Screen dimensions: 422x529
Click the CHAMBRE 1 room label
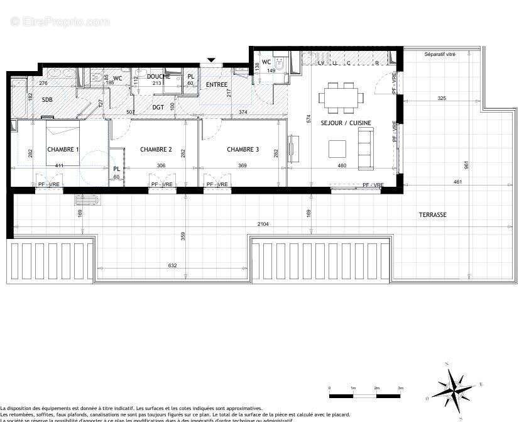[63, 150]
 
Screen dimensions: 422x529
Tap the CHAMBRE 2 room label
[156, 150]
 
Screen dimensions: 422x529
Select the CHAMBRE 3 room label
[243, 150]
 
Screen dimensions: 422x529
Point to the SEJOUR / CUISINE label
[346, 123]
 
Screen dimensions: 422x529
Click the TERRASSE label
[433, 215]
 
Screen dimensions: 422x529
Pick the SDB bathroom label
[47, 100]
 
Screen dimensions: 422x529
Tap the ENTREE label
[217, 85]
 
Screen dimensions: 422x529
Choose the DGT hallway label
[158, 108]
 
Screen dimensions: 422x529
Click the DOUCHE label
[158, 77]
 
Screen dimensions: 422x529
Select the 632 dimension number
[173, 265]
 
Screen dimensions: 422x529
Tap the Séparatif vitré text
[440, 55]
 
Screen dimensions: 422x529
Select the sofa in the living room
[366, 148]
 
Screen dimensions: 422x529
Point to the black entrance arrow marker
[212, 60]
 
